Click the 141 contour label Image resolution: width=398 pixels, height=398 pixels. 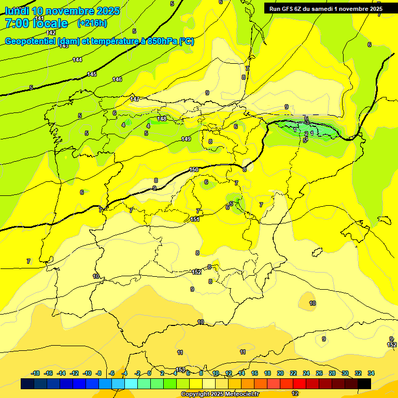click(39, 19)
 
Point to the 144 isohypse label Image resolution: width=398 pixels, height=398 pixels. click(77, 60)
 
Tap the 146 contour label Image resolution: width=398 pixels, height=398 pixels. click(117, 79)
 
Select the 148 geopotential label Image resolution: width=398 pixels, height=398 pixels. click(162, 119)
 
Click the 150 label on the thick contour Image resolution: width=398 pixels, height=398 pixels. click(194, 169)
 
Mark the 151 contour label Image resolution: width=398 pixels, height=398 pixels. click(195, 219)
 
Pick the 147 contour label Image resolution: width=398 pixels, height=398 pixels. click(135, 99)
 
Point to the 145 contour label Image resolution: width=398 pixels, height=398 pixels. click(92, 75)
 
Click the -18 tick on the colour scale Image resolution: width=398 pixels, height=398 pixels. click(35, 373)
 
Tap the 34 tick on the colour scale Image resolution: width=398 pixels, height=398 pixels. click(371, 373)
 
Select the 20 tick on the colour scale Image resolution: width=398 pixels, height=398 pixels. click(280, 373)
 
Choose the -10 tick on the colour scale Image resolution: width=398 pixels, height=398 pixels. click(87, 373)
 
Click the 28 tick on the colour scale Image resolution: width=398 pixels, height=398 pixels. click(332, 373)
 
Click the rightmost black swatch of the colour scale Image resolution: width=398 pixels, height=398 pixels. click(364, 383)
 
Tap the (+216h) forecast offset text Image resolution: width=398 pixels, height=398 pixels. click(92, 23)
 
